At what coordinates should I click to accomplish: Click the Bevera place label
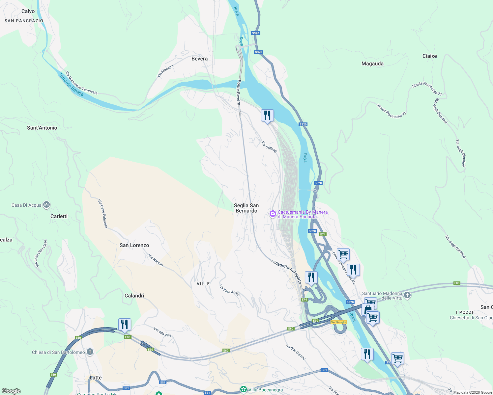pyautogui.click(x=199, y=59)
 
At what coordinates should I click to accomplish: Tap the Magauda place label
pyautogui.click(x=372, y=64)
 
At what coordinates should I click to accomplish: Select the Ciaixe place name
pyautogui.click(x=429, y=56)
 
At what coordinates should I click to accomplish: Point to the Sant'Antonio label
pyautogui.click(x=42, y=128)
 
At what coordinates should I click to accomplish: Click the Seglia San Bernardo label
pyautogui.click(x=246, y=208)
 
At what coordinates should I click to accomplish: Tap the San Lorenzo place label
pyautogui.click(x=134, y=245)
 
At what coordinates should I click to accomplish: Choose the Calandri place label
pyautogui.click(x=134, y=296)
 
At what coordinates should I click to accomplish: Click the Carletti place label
pyautogui.click(x=59, y=216)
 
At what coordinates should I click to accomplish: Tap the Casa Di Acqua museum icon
pyautogui.click(x=46, y=205)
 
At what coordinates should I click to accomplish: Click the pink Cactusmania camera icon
pyautogui.click(x=273, y=214)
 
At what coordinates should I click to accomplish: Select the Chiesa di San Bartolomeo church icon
pyautogui.click(x=90, y=352)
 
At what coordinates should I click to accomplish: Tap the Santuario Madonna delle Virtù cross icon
pyautogui.click(x=407, y=295)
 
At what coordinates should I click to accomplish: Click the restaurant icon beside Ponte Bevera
pyautogui.click(x=267, y=116)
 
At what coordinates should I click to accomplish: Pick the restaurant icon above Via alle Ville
pyautogui.click(x=125, y=325)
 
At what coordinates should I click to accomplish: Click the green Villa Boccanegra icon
pyautogui.click(x=244, y=390)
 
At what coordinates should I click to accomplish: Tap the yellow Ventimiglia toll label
pyautogui.click(x=338, y=322)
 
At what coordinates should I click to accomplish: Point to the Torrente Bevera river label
pyautogui.click(x=71, y=85)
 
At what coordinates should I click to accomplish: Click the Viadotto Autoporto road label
pyautogui.click(x=288, y=272)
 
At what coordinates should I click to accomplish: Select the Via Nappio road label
pyautogui.click(x=156, y=260)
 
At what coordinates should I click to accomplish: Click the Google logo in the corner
pyautogui.click(x=11, y=391)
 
